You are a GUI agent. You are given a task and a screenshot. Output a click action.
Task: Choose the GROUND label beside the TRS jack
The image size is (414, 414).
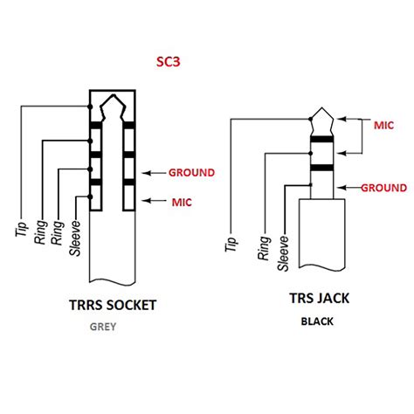pos(383,187)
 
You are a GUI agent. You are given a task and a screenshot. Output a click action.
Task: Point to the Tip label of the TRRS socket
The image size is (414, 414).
pos(18,225)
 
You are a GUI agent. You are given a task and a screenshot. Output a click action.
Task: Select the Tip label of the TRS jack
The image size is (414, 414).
pos(231,242)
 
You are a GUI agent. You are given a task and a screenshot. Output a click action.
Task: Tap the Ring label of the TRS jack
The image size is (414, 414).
pos(262,246)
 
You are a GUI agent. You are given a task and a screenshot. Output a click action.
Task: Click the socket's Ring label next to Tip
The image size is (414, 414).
pos(40,227)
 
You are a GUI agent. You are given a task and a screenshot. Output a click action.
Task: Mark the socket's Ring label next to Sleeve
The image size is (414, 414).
pos(58,227)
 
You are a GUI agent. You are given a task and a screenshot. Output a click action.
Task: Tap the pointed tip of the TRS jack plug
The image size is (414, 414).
pos(320,112)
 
